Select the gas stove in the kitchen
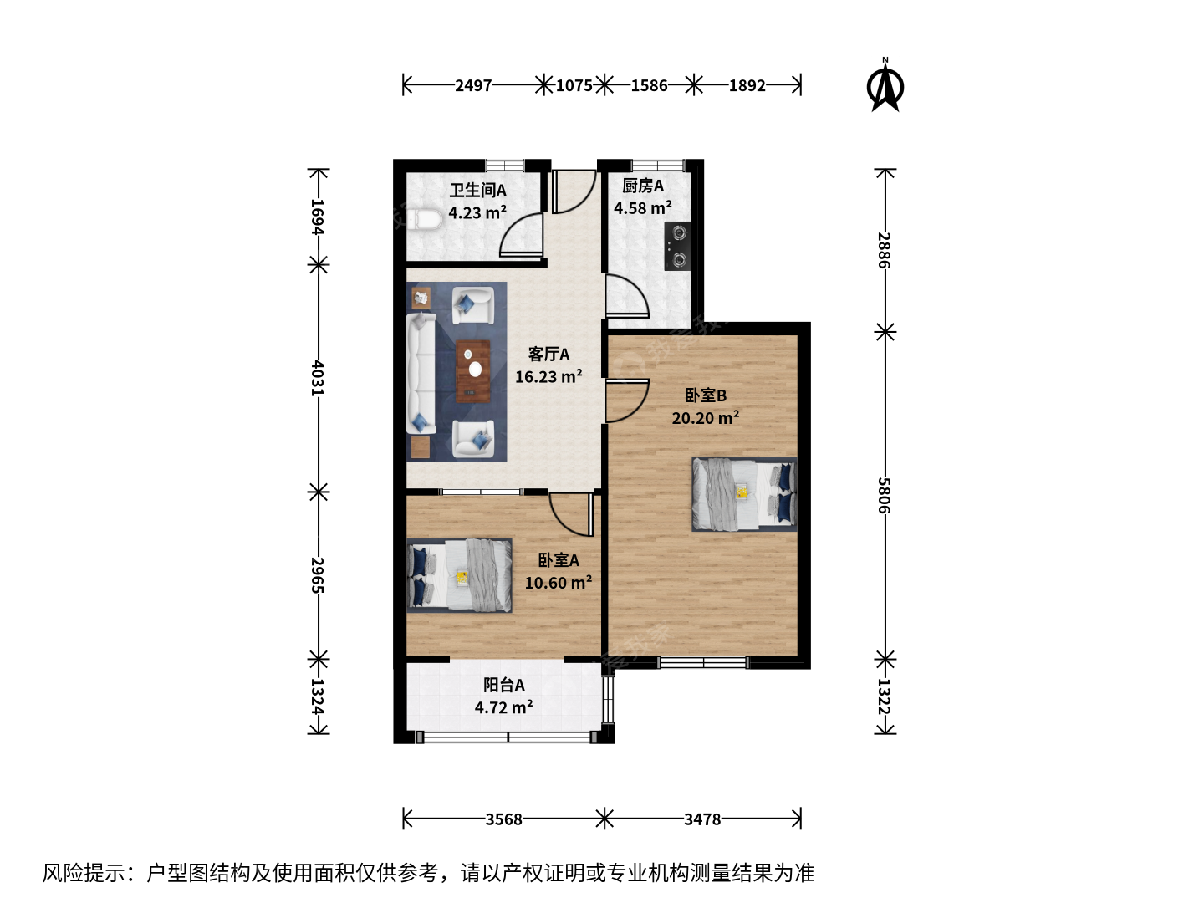click(677, 246)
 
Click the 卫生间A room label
click(477, 191)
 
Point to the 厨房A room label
click(643, 186)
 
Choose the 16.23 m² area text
click(548, 376)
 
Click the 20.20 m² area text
click(706, 417)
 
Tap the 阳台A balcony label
click(503, 684)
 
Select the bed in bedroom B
click(744, 494)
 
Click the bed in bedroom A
click(460, 575)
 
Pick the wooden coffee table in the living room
click(473, 371)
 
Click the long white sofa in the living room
click(421, 374)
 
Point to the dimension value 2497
click(473, 85)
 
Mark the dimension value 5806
click(885, 495)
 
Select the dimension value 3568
click(503, 819)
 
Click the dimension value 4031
click(318, 378)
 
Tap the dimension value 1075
click(574, 85)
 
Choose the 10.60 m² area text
click(559, 582)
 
